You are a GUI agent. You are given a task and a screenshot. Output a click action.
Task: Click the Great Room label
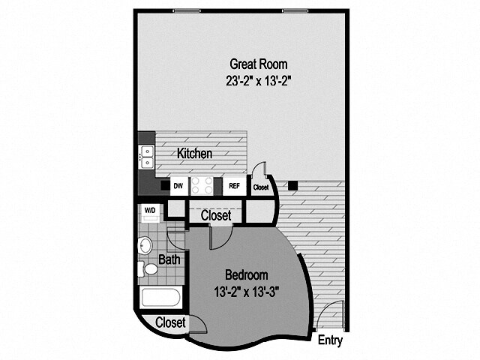point(258,64)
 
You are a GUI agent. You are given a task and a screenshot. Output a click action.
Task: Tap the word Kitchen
point(194,154)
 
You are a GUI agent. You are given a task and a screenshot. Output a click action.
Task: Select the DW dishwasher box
point(178,185)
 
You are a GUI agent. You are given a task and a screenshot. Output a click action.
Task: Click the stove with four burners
point(202,184)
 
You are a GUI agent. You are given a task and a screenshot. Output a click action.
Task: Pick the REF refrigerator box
point(234,185)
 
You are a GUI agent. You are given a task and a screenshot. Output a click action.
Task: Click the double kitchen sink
point(147,157)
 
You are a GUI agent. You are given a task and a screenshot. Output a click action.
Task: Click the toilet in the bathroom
point(150,268)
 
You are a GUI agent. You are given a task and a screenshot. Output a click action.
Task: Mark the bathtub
point(160,297)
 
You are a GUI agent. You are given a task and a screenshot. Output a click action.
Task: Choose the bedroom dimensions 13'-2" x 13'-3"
point(245,291)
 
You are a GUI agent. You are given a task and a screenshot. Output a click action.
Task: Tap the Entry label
point(330,340)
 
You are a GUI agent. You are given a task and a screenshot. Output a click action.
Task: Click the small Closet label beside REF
point(261,187)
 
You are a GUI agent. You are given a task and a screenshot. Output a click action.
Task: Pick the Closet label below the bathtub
point(171,322)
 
